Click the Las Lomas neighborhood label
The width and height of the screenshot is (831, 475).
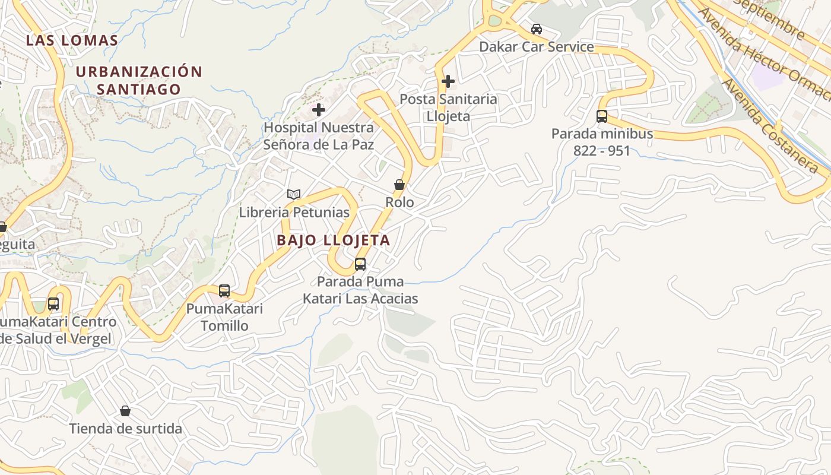tap(72, 40)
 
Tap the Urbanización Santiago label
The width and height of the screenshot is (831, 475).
tap(139, 80)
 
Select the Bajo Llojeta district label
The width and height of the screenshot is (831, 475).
tap(334, 240)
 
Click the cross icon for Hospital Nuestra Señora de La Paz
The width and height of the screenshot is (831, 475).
tap(319, 109)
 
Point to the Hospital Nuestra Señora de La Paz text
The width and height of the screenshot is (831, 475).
tap(319, 136)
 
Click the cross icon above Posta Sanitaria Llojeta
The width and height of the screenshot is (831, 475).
tap(448, 81)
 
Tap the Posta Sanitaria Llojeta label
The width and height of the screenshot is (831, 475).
tap(448, 107)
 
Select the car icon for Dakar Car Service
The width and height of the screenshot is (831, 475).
tap(537, 29)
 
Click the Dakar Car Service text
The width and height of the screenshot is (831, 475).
tap(537, 47)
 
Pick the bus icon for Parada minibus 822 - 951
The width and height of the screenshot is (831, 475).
tap(602, 116)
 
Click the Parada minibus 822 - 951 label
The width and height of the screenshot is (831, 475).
tap(602, 142)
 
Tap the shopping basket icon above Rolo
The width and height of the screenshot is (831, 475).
tap(399, 185)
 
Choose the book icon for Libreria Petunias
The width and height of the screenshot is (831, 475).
tap(294, 194)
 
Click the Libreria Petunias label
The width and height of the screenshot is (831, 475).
tap(294, 212)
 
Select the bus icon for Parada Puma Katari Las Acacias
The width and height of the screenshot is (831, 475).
tap(360, 264)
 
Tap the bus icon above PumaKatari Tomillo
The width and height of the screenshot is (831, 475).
tap(224, 291)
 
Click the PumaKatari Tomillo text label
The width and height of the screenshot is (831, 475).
tap(224, 317)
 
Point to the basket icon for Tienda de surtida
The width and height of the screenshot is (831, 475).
tap(125, 411)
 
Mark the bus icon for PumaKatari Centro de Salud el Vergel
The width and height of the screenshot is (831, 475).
tap(53, 304)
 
